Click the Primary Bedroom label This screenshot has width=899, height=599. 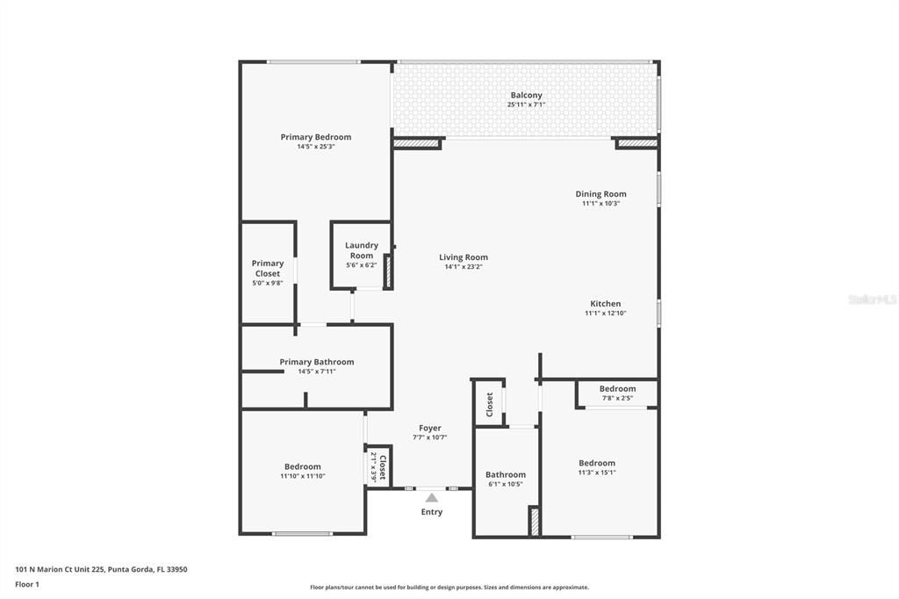tap(315, 137)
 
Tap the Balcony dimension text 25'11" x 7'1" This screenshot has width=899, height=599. tap(526, 105)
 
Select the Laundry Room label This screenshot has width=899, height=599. tap(362, 250)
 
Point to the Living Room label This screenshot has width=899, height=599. tap(464, 257)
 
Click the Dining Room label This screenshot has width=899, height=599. tap(601, 194)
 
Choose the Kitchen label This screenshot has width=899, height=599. tap(605, 304)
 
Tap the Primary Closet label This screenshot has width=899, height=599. tap(268, 268)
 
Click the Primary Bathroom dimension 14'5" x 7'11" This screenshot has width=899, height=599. tap(316, 372)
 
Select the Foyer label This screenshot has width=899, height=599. tap(429, 428)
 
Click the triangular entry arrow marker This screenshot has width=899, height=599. tap(431, 498)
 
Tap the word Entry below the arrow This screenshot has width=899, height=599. tap(431, 512)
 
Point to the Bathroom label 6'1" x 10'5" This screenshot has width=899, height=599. tap(506, 474)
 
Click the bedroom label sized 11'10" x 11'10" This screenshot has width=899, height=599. tap(302, 466)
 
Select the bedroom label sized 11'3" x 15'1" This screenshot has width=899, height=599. tap(596, 463)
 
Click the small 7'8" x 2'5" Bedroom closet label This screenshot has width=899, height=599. tap(617, 389)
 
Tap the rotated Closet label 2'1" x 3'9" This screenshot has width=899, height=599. tap(378, 466)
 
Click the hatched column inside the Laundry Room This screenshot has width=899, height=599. tap(387, 272)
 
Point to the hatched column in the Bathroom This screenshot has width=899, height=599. tap(533, 521)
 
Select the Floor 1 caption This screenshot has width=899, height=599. tap(27, 584)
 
